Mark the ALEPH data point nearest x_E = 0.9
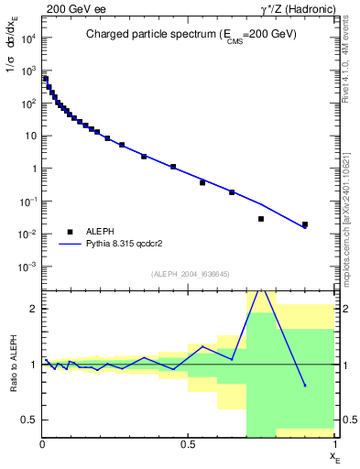tap(305, 224)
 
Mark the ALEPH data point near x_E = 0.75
tap(261, 219)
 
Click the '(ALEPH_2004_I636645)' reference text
tap(190, 274)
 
